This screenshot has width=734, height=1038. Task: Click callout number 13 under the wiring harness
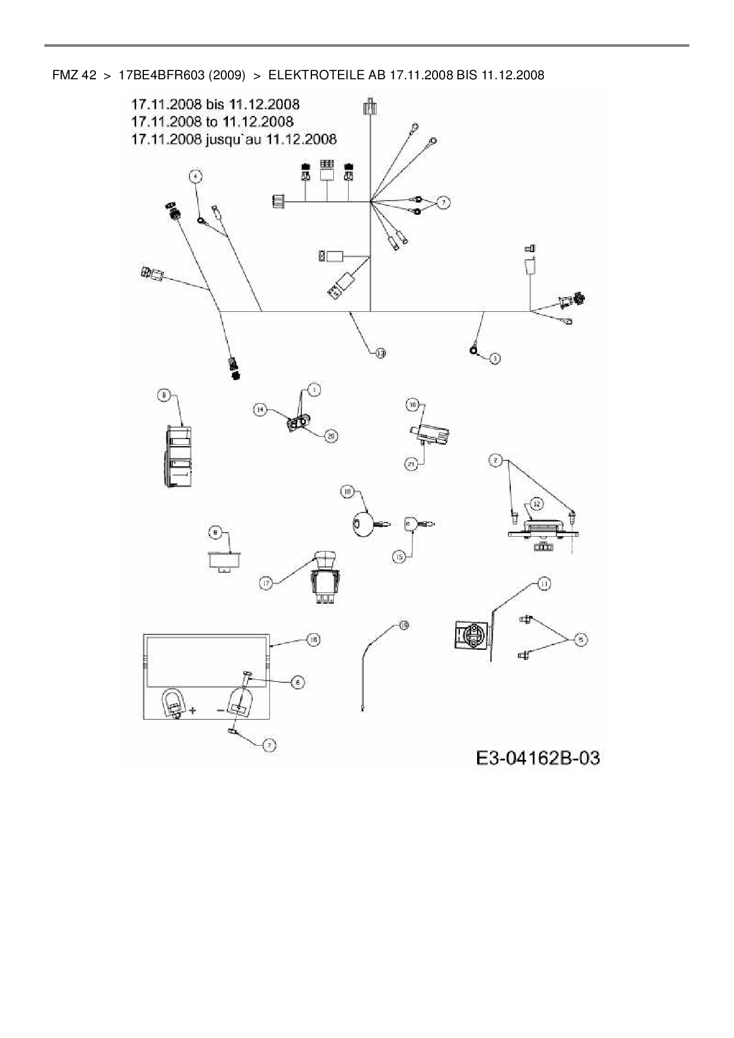point(380,353)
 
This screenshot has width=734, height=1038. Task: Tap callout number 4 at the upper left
point(195,176)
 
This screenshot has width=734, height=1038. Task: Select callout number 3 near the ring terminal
point(495,357)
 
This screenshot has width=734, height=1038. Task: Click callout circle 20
point(331,436)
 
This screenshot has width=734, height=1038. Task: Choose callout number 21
point(411,465)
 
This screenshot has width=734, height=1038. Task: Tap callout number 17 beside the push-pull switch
point(266,584)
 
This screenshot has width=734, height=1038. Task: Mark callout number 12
point(536,504)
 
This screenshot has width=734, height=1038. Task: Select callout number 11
point(543,584)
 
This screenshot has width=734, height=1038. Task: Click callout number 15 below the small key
point(400,557)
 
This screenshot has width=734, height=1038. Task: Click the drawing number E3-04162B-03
point(537,757)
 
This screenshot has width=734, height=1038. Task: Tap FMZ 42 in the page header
point(74,75)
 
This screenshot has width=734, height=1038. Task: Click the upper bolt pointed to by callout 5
point(525,619)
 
